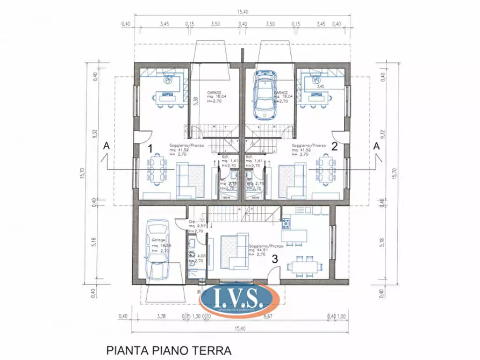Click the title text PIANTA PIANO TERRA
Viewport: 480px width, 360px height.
pyautogui.click(x=169, y=350)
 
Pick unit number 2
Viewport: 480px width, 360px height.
pyautogui.click(x=334, y=146)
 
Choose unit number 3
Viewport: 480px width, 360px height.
pyautogui.click(x=275, y=258)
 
